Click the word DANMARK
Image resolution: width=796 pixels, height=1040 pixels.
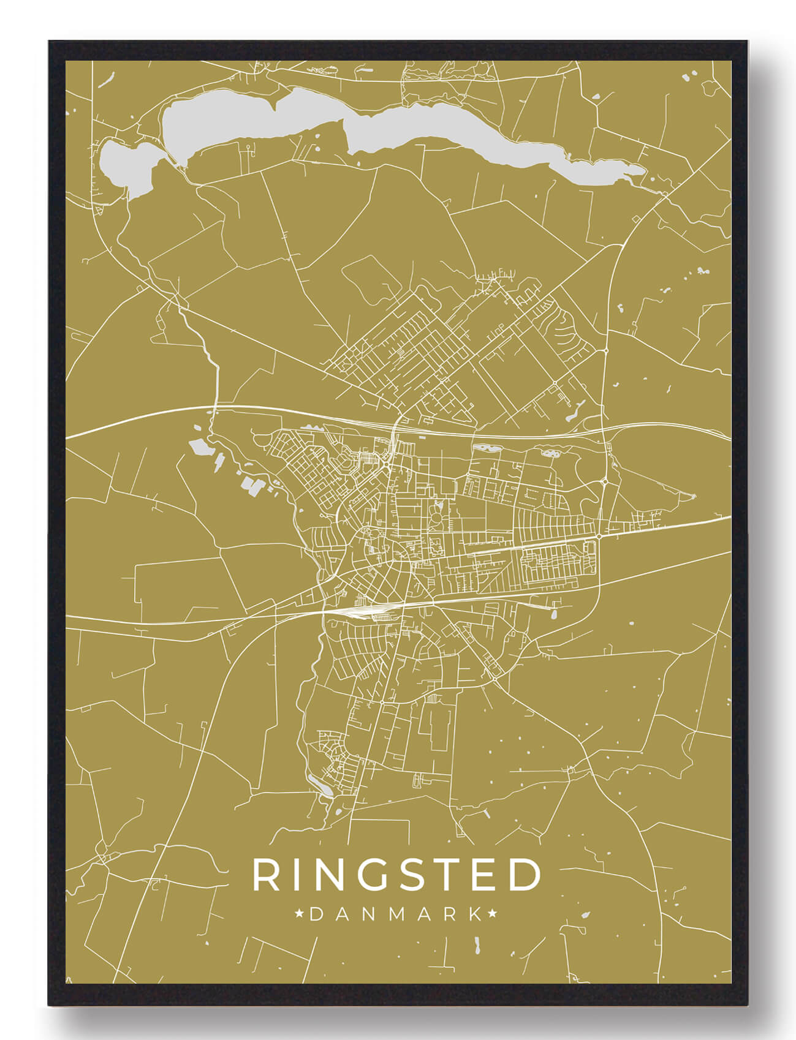[396, 914]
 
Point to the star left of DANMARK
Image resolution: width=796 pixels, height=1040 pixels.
[300, 914]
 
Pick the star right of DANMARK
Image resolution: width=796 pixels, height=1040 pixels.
[491, 914]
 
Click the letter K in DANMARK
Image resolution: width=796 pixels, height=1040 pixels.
[475, 914]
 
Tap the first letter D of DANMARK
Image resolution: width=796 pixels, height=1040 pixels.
[317, 914]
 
